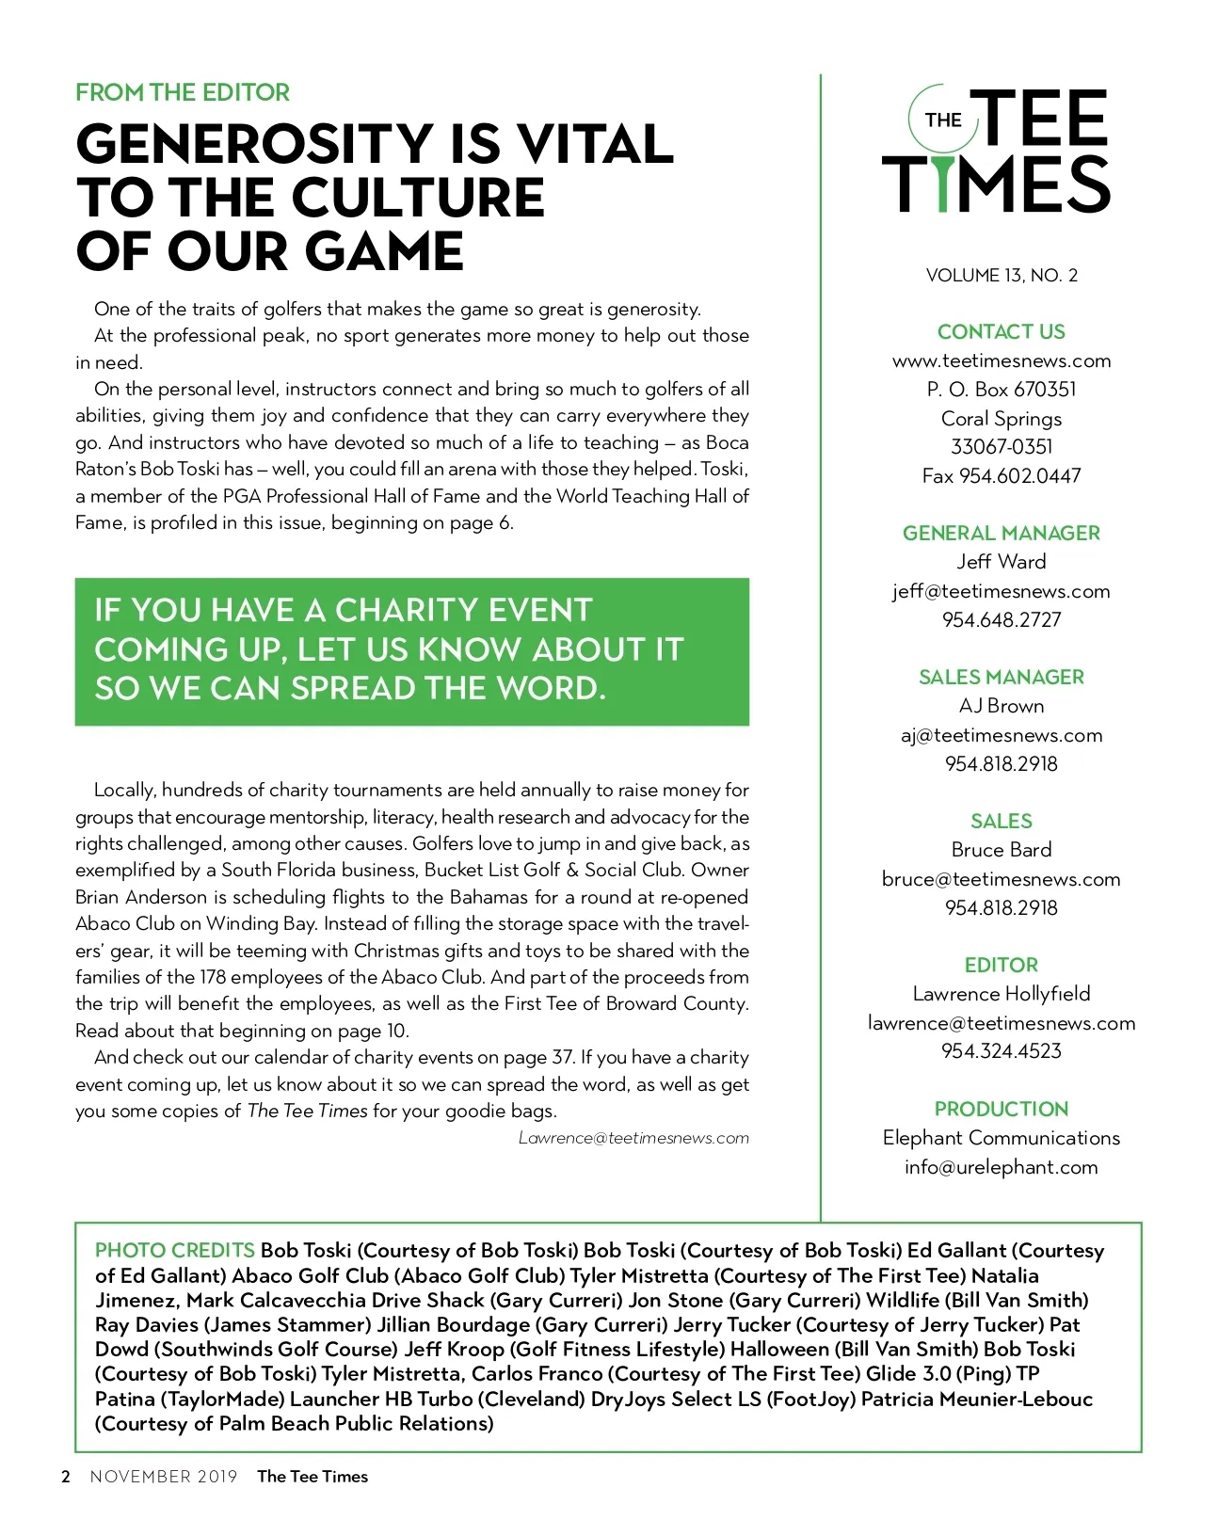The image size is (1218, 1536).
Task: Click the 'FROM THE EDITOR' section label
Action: pos(183,92)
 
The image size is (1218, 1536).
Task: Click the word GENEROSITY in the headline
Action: pos(249,144)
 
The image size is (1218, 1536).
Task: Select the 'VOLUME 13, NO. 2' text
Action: pos(1002,275)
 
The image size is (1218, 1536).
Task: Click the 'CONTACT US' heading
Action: pos(1001,331)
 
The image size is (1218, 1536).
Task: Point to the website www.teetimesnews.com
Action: pos(1001,360)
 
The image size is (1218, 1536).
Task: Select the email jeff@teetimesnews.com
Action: pos(1001,591)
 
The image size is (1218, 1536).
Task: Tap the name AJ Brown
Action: pos(1001,706)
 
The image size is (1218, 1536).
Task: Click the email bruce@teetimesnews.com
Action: pos(1001,879)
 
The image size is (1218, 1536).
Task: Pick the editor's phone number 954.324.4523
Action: pos(1001,1050)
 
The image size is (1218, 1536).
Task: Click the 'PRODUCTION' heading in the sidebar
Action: pos(1001,1109)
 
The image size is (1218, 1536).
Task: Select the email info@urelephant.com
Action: pos(1001,1167)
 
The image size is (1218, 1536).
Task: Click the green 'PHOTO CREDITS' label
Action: pos(175,1250)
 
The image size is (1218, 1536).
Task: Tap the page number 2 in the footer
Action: pos(65,1476)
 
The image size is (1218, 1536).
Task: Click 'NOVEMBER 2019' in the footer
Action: pos(164,1476)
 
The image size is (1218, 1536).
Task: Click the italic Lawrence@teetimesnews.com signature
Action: pos(633,1138)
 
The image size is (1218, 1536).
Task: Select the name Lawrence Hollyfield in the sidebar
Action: pos(1001,993)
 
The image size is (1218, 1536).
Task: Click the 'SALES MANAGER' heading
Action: pos(1001,677)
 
